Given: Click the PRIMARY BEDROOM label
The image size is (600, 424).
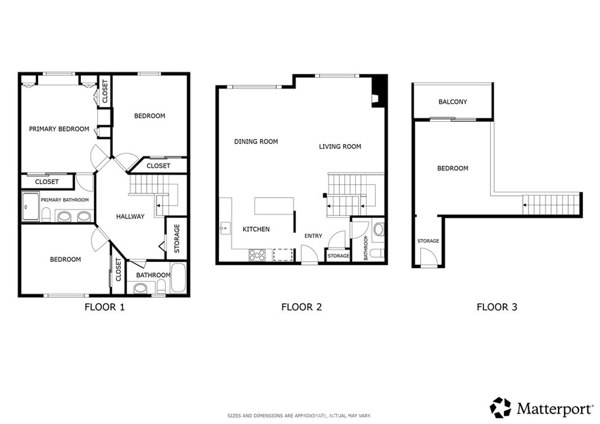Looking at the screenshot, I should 59,129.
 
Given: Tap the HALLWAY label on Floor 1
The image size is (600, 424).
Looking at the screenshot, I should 130,217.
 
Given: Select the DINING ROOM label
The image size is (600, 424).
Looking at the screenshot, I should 256,142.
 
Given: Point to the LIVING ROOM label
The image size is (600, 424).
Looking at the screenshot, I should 340,146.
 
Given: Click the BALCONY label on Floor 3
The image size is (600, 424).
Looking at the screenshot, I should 453,102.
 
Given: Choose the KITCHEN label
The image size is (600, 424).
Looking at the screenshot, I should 256,229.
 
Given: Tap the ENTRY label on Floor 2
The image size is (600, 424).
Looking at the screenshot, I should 313,236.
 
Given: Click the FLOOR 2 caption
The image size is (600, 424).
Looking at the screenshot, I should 301,306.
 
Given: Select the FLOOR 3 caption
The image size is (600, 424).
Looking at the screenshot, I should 496,306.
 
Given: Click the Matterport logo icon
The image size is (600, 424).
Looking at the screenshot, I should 500,407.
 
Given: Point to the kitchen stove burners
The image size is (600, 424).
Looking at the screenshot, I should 257,255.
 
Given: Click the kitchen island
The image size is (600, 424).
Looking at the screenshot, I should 274,207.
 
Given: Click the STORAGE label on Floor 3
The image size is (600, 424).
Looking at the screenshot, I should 428,241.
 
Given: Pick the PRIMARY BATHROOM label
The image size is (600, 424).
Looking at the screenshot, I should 64,200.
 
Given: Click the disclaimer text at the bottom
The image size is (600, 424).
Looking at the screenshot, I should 299,415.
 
